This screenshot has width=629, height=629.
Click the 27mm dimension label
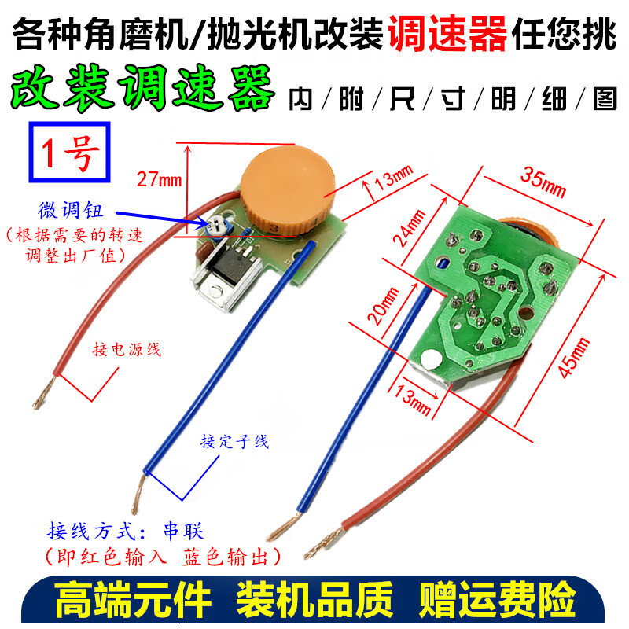(x=158, y=180)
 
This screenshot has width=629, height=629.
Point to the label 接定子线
(x=234, y=442)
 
